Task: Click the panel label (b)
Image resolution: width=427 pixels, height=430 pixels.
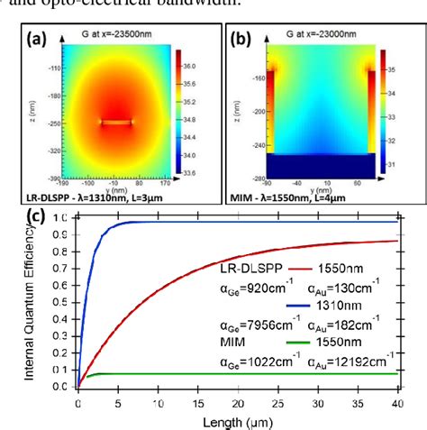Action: pos(241,39)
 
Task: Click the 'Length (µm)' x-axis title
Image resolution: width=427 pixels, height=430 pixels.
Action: pos(235,421)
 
